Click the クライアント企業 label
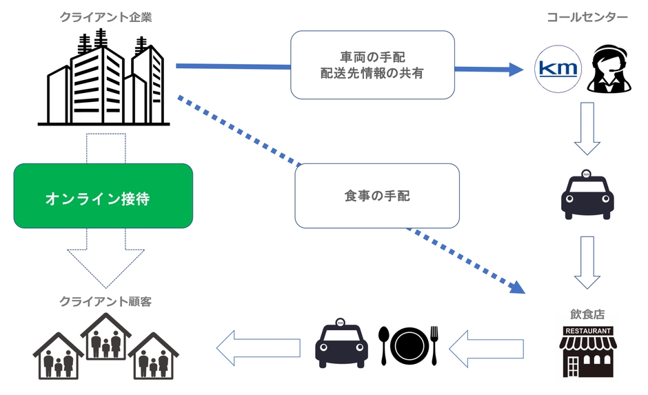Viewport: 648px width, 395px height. point(105,17)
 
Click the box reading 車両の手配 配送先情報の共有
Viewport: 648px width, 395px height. point(372,64)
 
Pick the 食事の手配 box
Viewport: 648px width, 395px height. point(376,196)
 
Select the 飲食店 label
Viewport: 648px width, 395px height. point(587,314)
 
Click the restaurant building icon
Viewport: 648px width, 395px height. point(587,352)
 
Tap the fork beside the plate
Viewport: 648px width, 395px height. point(434,344)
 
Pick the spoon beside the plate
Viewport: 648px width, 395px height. point(385,344)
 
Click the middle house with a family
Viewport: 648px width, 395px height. point(105,338)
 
